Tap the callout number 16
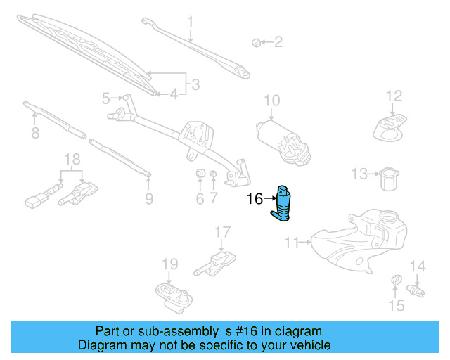[255, 200]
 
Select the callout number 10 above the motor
[271, 101]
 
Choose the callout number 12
[393, 96]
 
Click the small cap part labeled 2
[257, 43]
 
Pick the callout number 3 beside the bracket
[195, 85]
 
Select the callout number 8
[34, 133]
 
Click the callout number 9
[149, 199]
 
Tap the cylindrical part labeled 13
[387, 179]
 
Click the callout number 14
[418, 266]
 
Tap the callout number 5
[106, 98]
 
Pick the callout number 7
[214, 199]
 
